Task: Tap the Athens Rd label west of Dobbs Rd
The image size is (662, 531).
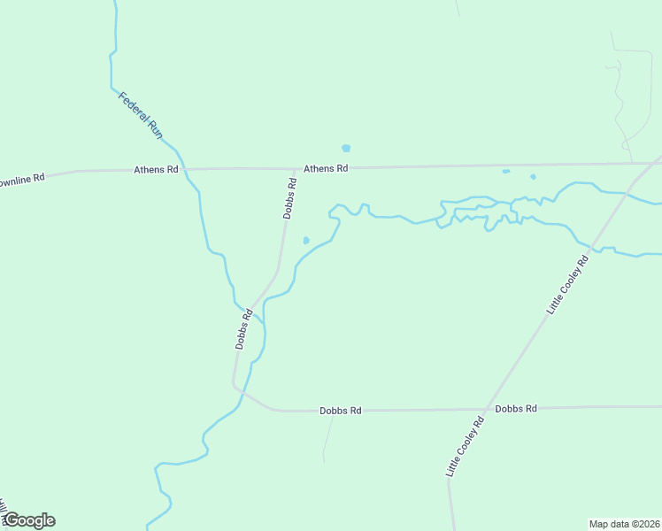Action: [x=156, y=169]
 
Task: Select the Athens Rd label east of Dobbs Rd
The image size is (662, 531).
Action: [x=326, y=168]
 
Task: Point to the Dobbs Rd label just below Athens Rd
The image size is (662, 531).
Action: [x=289, y=198]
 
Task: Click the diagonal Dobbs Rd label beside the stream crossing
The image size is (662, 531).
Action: [x=244, y=328]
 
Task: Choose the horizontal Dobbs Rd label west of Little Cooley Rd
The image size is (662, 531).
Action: [x=341, y=411]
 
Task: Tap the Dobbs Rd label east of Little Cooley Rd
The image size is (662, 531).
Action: [x=516, y=409]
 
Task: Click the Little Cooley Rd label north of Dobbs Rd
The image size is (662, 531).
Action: [x=567, y=285]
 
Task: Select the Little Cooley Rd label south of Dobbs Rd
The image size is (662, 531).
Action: [x=466, y=448]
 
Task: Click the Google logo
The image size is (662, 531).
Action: [x=28, y=520]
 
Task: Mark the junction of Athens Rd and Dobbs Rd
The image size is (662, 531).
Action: [x=295, y=168]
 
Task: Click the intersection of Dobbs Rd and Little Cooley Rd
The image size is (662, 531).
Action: [x=486, y=410]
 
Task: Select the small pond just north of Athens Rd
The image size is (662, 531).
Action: [x=346, y=148]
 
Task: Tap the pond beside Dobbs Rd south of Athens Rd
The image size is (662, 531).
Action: [x=306, y=240]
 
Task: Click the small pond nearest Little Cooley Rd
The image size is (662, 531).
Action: [x=533, y=176]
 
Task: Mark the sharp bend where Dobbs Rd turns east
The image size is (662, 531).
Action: [x=235, y=387]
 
